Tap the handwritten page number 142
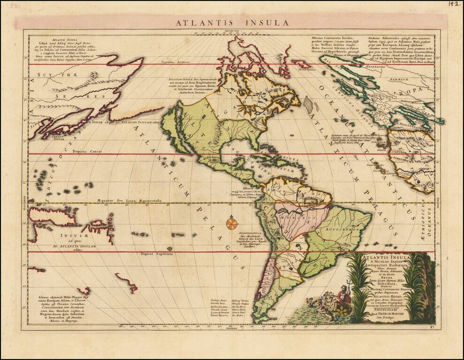[453, 4]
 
